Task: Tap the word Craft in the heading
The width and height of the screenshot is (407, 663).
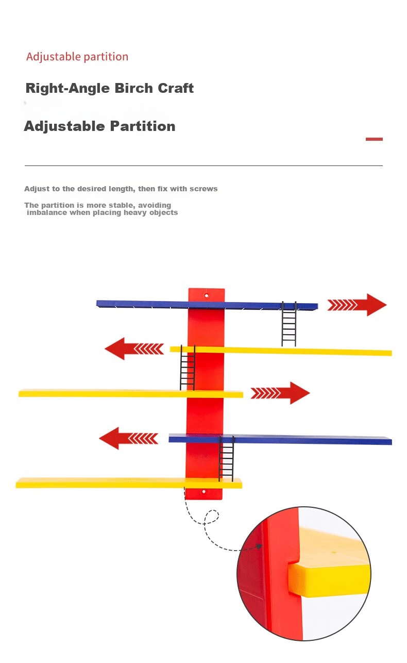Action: pyautogui.click(x=176, y=88)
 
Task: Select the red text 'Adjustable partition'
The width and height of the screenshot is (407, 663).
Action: pyautogui.click(x=77, y=57)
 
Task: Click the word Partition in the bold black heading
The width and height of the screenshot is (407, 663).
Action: pyautogui.click(x=143, y=126)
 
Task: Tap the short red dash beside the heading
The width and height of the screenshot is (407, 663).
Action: pyautogui.click(x=374, y=139)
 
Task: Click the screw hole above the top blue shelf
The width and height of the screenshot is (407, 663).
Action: pyautogui.click(x=207, y=296)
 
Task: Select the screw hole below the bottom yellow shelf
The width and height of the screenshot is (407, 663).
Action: pyautogui.click(x=203, y=492)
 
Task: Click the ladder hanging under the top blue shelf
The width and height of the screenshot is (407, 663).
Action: pyautogui.click(x=289, y=324)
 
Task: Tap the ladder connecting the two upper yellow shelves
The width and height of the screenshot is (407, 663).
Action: pyautogui.click(x=188, y=368)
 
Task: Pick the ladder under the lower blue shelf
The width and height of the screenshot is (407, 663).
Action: pyautogui.click(x=226, y=458)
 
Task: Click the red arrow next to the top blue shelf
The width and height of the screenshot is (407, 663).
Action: pyautogui.click(x=357, y=305)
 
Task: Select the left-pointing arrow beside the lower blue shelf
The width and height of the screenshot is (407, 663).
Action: pyautogui.click(x=129, y=438)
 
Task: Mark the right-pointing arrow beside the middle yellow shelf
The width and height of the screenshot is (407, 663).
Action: pyautogui.click(x=280, y=393)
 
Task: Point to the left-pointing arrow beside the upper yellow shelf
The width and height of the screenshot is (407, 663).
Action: pyautogui.click(x=134, y=349)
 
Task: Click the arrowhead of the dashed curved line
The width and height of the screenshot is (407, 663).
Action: pyautogui.click(x=260, y=546)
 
